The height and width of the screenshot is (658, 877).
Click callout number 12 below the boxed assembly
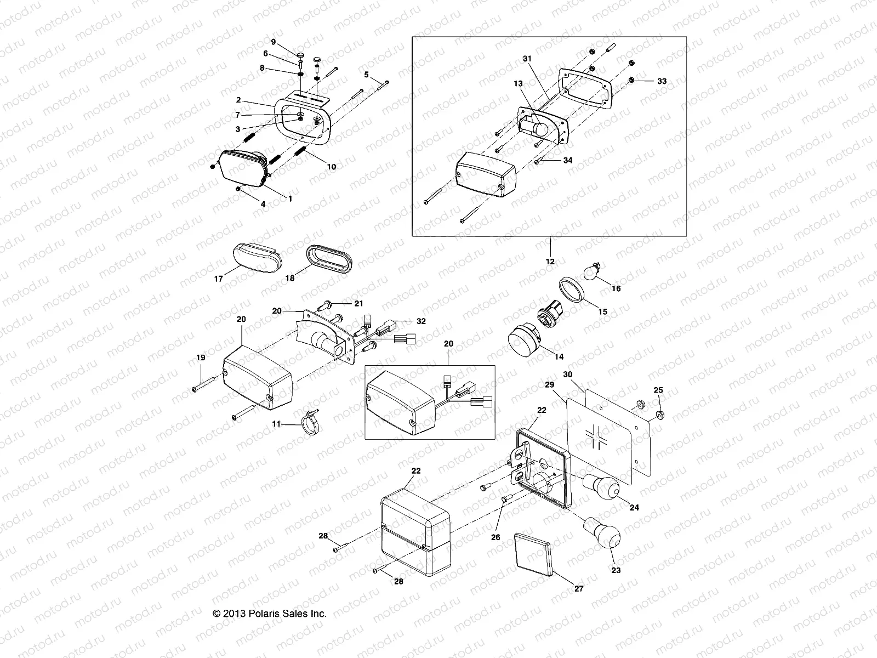coord(550,262)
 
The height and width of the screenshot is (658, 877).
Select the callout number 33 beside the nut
coord(662,81)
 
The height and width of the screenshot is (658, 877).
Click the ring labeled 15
coord(572,291)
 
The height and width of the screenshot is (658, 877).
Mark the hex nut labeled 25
coord(660,413)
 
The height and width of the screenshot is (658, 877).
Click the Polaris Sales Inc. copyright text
coord(269,614)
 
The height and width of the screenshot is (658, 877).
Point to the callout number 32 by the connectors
coord(420,322)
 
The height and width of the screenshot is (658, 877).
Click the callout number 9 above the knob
coord(273,42)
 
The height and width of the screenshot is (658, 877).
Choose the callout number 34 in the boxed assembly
coord(567,160)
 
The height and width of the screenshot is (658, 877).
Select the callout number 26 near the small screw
coord(496,537)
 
